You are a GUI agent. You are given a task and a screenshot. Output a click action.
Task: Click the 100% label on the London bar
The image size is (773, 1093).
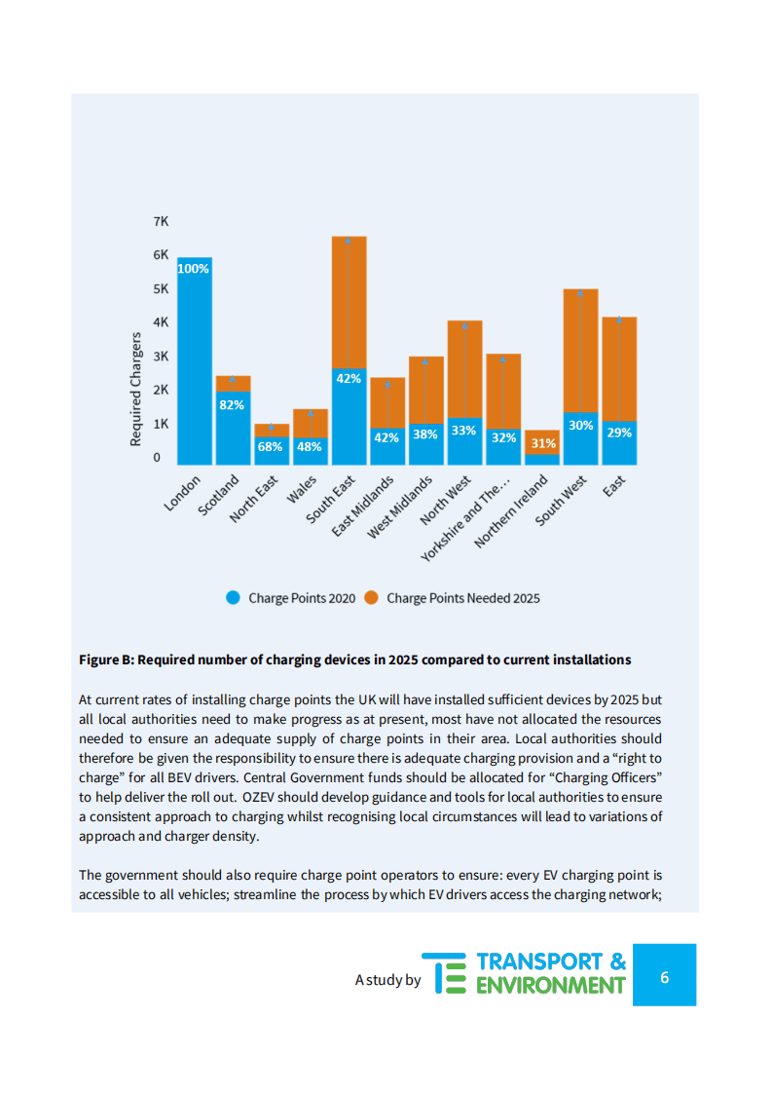tap(193, 269)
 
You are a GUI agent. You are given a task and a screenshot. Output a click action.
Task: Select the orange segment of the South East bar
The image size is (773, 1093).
tap(349, 302)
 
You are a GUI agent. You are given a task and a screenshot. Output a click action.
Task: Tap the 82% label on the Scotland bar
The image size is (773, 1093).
tap(232, 405)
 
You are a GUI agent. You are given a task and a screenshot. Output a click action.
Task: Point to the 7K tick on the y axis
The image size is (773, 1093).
tap(161, 222)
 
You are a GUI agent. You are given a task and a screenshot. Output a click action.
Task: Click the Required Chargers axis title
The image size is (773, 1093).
tap(136, 390)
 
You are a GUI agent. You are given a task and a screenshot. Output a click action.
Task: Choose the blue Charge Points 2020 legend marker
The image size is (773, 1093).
tap(234, 598)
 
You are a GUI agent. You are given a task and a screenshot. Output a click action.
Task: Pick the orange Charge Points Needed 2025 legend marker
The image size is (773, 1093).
tap(371, 598)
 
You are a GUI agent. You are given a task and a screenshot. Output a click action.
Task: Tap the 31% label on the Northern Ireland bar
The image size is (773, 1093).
tap(542, 443)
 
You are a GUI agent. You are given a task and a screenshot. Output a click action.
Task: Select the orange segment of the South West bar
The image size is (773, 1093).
tap(580, 351)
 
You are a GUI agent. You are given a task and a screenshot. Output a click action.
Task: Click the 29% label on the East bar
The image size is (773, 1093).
tap(619, 433)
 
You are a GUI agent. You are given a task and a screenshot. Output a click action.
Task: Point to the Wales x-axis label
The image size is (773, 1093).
tap(302, 489)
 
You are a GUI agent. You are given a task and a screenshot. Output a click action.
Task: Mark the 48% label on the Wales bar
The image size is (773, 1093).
tap(310, 447)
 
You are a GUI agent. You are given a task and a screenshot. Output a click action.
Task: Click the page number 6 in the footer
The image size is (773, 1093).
tap(664, 976)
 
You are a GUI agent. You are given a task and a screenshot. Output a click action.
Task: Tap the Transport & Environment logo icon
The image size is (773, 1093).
tap(451, 973)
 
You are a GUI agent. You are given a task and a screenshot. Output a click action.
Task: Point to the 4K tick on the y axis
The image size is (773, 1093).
tap(161, 322)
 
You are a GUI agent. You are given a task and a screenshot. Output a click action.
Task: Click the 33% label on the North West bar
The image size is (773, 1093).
tap(464, 431)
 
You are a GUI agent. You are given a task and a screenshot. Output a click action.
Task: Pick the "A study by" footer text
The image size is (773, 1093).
tap(387, 980)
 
